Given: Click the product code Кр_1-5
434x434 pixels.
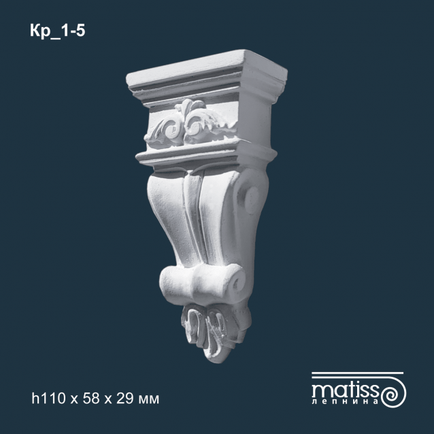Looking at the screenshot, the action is click(58, 31).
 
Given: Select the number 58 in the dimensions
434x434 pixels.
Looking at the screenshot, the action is click(91, 399).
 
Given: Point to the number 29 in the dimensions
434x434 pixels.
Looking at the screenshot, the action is click(125, 399).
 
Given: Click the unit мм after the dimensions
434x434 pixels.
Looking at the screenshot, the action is click(148, 400).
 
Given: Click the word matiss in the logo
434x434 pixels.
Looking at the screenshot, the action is click(345, 390).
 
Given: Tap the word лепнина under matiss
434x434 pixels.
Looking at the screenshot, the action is click(345, 402).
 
